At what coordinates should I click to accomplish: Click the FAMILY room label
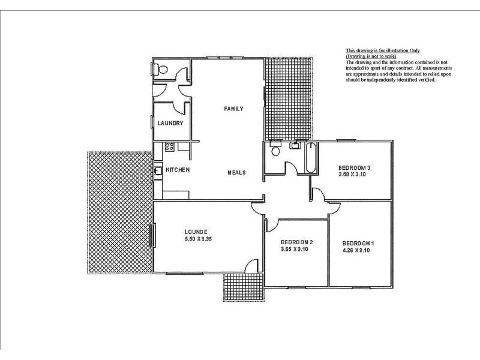[x=233, y=109]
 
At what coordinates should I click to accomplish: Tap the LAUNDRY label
[x=170, y=123]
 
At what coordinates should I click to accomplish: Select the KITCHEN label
[x=178, y=170]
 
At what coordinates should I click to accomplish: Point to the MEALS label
[x=236, y=173]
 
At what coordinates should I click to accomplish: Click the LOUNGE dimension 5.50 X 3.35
[x=198, y=239]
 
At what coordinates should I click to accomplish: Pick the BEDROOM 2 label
[x=296, y=242]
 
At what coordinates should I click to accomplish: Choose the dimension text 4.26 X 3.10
[x=356, y=250]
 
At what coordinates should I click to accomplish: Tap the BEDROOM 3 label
[x=355, y=168]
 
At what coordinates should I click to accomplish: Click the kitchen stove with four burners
[x=170, y=146]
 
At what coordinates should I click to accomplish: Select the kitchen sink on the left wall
[x=158, y=170]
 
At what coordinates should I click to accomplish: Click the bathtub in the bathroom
[x=311, y=158]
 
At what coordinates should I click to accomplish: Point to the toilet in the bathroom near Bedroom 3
[x=275, y=149]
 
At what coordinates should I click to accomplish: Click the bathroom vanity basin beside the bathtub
[x=295, y=145]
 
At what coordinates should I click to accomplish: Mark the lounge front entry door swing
[x=251, y=266]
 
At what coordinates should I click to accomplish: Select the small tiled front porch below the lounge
[x=244, y=287]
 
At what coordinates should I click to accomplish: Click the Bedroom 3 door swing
[x=318, y=195]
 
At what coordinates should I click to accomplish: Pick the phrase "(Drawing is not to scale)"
[x=371, y=56]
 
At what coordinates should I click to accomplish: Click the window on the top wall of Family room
[x=225, y=57]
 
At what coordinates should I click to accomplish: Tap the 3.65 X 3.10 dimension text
[x=294, y=249]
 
